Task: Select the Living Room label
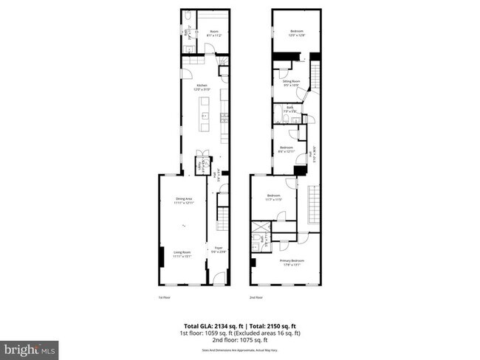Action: pos(183,255)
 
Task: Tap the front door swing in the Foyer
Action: pos(219,277)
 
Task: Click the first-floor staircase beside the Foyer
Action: pos(224,218)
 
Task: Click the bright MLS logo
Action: pos(30,348)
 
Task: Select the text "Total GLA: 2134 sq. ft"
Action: pos(211,325)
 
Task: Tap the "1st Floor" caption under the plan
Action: pos(164,297)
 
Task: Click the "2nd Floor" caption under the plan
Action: pos(256,297)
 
